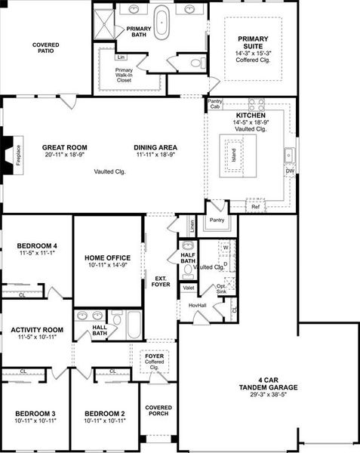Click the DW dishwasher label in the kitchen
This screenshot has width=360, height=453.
tap(290, 171)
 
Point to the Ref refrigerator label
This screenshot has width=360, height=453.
tap(255, 206)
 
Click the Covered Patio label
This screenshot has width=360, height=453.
tap(46, 49)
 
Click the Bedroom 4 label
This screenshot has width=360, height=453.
tap(36, 245)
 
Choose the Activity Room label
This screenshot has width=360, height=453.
tap(36, 330)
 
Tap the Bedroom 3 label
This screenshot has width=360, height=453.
tap(35, 414)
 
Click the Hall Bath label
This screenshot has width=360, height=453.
tap(100, 330)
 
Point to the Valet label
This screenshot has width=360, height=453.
tap(188, 288)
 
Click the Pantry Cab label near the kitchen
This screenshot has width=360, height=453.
tap(216, 103)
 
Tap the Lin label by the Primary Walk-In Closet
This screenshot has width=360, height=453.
tap(121, 57)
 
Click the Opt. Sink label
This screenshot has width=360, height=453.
tap(221, 288)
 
